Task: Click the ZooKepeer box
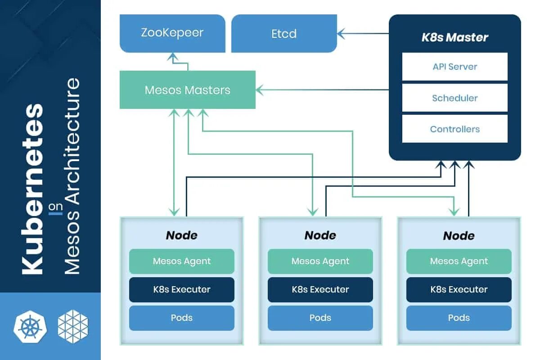(173, 33)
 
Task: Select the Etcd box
(284, 33)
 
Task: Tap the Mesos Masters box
(188, 90)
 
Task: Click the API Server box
(454, 67)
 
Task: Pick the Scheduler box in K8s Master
(454, 98)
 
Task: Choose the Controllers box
(454, 129)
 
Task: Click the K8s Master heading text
(454, 37)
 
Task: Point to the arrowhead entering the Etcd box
(341, 33)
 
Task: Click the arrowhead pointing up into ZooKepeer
(173, 56)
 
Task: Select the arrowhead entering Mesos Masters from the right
(259, 90)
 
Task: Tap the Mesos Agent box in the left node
(182, 261)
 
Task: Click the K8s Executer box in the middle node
(320, 289)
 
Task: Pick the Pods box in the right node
(459, 318)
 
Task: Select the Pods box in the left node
(182, 318)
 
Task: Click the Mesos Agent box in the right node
(459, 261)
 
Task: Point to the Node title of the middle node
(320, 235)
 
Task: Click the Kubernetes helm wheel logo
(30, 327)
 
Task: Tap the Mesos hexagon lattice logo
(73, 327)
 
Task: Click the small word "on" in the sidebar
(55, 207)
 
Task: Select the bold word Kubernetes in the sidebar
(32, 189)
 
